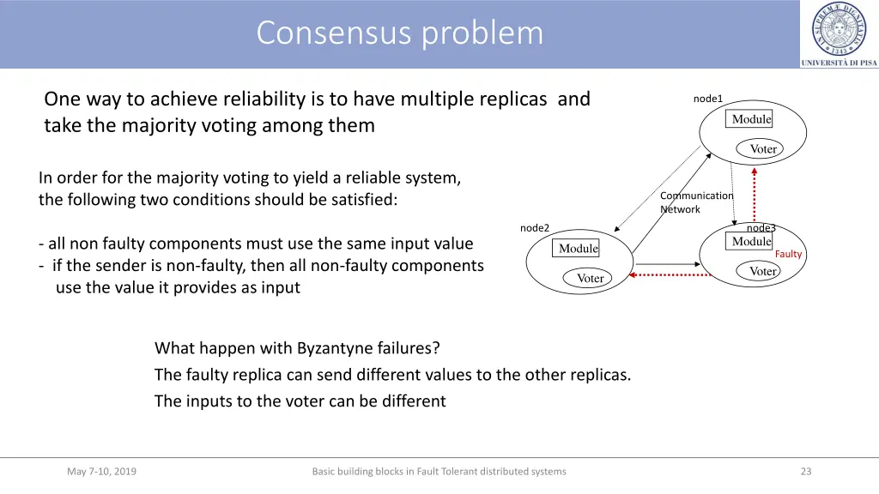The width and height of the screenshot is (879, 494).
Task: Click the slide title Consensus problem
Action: (399, 33)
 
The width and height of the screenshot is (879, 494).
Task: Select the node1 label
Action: (708, 99)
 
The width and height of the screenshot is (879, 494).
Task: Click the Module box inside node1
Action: (751, 119)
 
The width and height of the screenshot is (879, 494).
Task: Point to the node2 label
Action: (535, 227)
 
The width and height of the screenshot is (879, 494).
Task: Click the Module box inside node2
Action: (578, 249)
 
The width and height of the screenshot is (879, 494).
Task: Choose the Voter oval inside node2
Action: (590, 278)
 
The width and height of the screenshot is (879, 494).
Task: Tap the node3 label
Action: (761, 228)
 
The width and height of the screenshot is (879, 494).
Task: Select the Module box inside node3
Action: (751, 242)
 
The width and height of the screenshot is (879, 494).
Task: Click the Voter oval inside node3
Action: (762, 271)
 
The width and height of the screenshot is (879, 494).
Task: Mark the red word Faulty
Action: (788, 254)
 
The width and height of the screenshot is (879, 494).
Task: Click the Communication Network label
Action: (695, 202)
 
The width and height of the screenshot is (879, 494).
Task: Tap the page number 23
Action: (805, 471)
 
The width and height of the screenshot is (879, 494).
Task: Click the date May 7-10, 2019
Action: (101, 471)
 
